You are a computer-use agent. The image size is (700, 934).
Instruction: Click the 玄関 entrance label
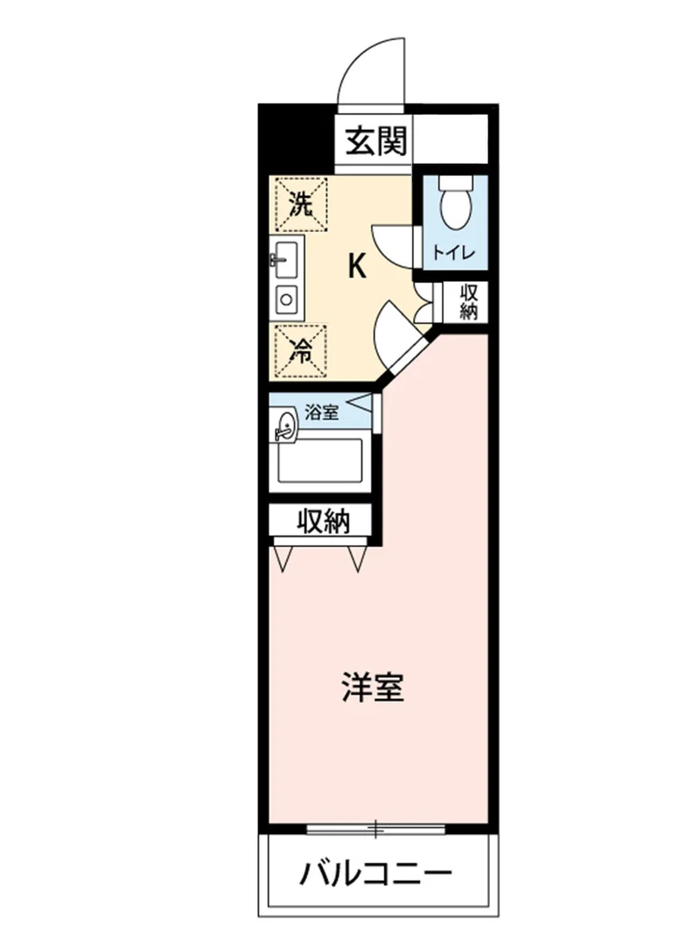pos(377,142)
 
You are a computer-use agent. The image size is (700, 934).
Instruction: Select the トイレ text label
pos(454,253)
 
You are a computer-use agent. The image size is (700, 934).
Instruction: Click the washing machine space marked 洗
pos(303,204)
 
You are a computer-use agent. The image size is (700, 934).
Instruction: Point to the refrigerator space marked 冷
pos(301,351)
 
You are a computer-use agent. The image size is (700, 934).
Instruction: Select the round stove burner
pos(286,299)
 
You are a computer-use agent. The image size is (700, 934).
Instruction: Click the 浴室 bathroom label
pos(321,411)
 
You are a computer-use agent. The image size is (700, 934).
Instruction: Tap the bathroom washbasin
pos(285,426)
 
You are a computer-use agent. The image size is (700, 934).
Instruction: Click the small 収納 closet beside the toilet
pos(467,303)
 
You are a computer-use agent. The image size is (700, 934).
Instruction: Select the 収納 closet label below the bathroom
pos(323,522)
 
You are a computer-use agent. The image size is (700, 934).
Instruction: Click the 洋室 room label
pos(374,687)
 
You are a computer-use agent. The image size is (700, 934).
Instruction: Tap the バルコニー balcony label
pos(375,875)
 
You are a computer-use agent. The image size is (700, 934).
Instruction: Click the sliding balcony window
pos(376,829)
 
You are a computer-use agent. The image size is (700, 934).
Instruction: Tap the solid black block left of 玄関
pos(295,139)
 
